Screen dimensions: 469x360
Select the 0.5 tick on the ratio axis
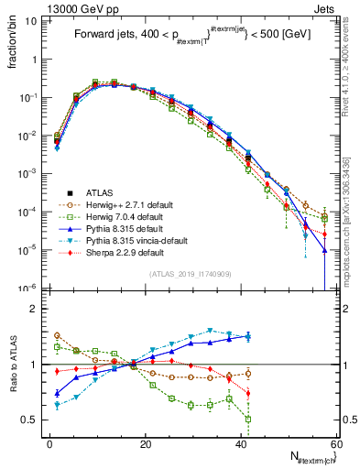pos(30,420)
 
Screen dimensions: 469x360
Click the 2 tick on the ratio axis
pos(34,309)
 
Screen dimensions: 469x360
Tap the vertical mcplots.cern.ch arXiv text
pos(352,183)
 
